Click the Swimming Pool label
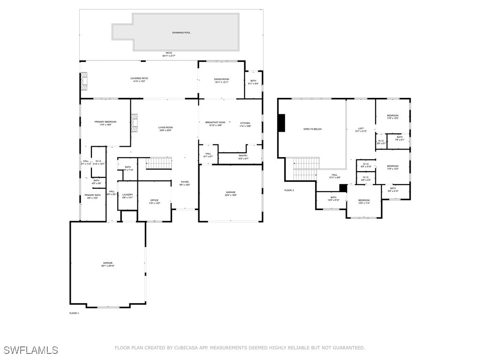point(181,32)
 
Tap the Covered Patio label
point(139,78)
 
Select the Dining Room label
point(222,79)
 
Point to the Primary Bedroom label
point(105,122)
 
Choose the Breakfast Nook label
point(215,122)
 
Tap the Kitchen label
point(246,123)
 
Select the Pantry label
point(243,156)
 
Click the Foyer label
point(185,182)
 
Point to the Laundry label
point(128,195)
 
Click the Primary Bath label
point(92,195)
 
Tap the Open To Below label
point(313,129)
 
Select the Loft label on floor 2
point(361,129)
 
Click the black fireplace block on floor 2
point(281,123)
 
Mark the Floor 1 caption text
point(74,313)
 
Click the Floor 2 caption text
point(289,190)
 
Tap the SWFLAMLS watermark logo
point(31,350)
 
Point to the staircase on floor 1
point(159,163)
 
